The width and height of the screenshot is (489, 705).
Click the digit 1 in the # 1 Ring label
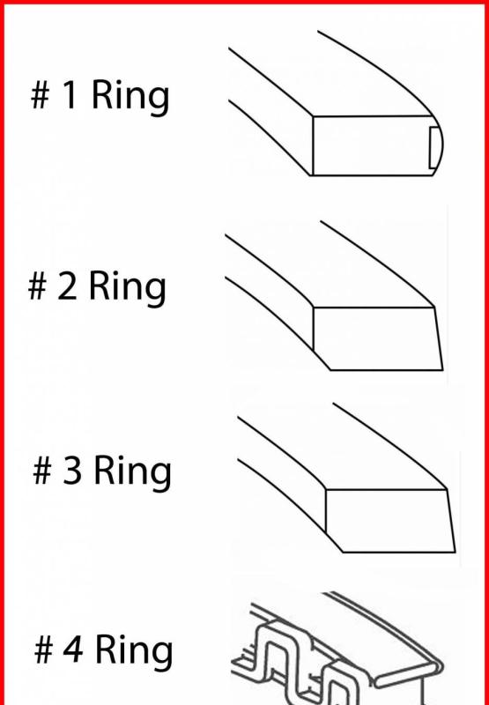tap(69, 95)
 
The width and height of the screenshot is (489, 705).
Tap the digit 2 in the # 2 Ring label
tap(67, 286)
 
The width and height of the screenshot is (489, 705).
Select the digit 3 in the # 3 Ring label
tap(72, 471)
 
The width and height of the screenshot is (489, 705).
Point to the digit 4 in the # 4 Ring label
tap(73, 649)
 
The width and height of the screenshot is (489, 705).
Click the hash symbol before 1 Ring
tap(40, 95)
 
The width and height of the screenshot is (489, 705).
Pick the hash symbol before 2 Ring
tap(37, 286)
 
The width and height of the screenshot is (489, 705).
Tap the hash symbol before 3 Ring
tap(42, 471)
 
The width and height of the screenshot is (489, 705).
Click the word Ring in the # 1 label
tap(130, 98)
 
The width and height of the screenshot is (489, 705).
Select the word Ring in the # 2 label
tap(128, 289)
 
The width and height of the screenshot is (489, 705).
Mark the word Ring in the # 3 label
tap(132, 473)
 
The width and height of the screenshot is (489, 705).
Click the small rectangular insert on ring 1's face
tap(434, 147)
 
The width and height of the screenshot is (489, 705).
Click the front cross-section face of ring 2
tap(376, 338)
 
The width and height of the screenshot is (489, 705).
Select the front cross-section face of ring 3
tap(389, 521)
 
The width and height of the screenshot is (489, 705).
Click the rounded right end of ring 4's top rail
tap(437, 669)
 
